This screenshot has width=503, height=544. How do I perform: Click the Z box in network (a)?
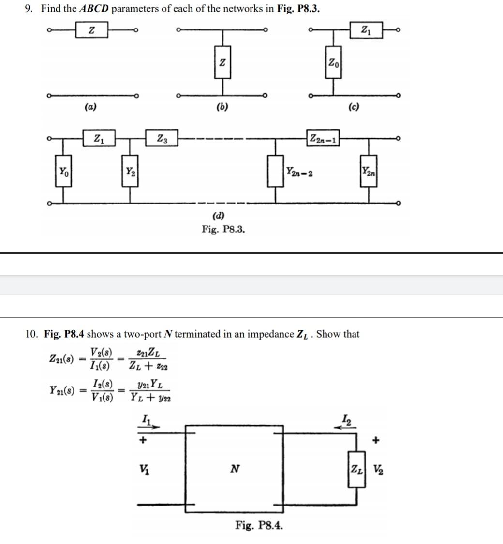92,30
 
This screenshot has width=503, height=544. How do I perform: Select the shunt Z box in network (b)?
222,62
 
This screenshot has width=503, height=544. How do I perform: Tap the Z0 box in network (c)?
333,62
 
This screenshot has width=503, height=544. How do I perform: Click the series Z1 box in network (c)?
365,30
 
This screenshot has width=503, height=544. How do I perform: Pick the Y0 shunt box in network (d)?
63,171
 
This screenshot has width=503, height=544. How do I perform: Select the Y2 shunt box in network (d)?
130,171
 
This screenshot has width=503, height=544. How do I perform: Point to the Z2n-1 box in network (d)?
323,138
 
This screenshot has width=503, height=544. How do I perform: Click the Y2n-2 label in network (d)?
299,172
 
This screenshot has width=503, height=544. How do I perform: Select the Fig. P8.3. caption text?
223,229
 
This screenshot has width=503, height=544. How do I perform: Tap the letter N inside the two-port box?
234,469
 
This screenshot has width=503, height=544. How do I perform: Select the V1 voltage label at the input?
144,468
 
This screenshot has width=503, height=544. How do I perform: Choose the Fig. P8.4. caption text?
259,525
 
